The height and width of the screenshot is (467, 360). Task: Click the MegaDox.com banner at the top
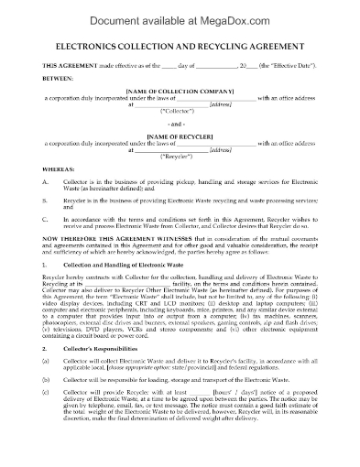pyautogui.click(x=180, y=13)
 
